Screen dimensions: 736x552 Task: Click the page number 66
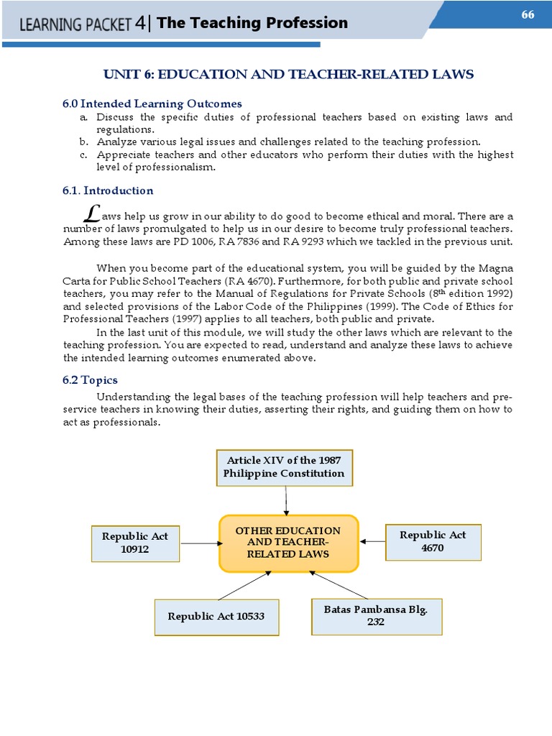[x=528, y=15]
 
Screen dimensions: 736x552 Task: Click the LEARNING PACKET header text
[x=75, y=24]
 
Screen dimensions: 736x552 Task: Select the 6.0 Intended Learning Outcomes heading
[x=152, y=103]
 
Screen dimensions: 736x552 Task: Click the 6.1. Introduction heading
[x=108, y=190]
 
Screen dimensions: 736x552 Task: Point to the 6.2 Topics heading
[x=90, y=380]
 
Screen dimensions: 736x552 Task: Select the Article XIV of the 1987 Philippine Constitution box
[x=285, y=467]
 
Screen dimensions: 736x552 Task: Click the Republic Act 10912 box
[x=135, y=543]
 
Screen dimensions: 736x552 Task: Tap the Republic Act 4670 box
[x=433, y=541]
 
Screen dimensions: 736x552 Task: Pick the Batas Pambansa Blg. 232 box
[x=376, y=616]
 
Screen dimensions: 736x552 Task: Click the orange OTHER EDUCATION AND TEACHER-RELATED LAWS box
[x=288, y=543]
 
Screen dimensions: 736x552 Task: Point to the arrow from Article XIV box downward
[x=287, y=500]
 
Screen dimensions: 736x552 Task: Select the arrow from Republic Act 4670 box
[x=372, y=541]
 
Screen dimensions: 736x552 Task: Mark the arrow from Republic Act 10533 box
[x=244, y=585]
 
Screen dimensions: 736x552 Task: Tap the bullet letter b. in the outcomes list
[x=83, y=142]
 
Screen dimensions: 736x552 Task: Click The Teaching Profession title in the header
[x=252, y=23]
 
